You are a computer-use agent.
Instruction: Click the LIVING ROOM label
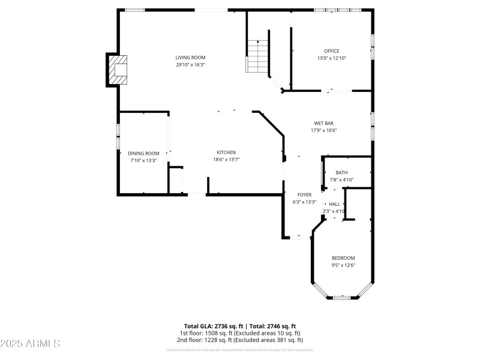[190, 58]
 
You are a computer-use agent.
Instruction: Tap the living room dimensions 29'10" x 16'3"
[190, 65]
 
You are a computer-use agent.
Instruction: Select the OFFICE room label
[332, 51]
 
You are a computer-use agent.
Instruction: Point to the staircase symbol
[257, 56]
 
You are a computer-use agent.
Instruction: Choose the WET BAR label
[323, 123]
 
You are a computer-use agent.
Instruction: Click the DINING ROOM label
[143, 153]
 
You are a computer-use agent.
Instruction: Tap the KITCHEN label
[226, 152]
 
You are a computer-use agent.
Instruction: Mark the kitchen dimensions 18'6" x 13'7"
[226, 160]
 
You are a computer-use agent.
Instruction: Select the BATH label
[341, 173]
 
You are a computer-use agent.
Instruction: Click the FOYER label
[304, 195]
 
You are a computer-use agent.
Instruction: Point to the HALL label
[334, 204]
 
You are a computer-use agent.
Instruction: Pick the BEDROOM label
[343, 258]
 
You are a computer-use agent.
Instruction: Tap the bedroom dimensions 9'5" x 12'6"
[343, 265]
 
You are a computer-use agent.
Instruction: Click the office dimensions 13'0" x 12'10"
[332, 58]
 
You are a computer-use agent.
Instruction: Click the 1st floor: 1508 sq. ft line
[240, 333]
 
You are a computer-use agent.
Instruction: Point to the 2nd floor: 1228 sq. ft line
[240, 340]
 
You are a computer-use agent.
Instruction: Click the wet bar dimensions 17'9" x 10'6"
[323, 130]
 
